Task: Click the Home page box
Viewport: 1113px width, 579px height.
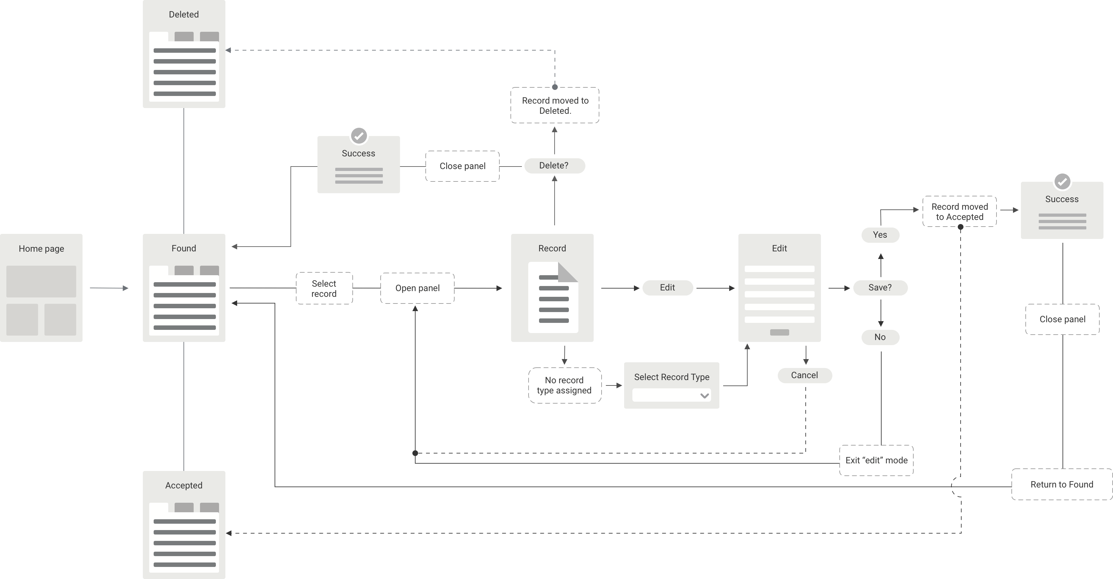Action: (x=41, y=288)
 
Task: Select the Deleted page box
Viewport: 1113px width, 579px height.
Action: (x=183, y=54)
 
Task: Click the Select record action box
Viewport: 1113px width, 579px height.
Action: (x=324, y=289)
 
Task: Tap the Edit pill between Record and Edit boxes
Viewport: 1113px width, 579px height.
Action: (x=668, y=288)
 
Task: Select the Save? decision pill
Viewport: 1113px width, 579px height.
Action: (x=880, y=288)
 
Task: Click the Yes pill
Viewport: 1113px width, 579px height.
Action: (x=880, y=235)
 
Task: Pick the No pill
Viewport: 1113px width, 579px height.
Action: (x=880, y=337)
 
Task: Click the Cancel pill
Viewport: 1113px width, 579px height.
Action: (x=804, y=375)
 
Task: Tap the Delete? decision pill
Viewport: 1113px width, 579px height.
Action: (x=554, y=166)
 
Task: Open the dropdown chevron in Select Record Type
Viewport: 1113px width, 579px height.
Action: (x=704, y=396)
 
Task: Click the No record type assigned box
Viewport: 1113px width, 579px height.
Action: (x=564, y=385)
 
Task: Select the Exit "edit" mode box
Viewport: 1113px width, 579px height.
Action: (x=876, y=460)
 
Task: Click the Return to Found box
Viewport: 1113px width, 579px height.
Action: (x=1062, y=484)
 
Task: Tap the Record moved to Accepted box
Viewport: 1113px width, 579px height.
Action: (x=960, y=211)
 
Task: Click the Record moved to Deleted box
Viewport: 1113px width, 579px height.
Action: (x=555, y=106)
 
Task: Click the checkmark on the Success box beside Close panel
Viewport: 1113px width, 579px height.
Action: (x=359, y=136)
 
